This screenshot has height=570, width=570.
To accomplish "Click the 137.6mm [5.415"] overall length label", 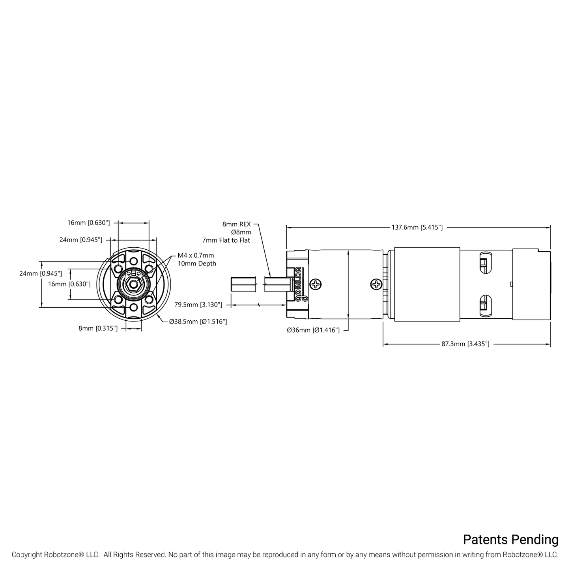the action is (417, 228).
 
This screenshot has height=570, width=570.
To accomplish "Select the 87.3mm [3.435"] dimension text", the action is (465, 344).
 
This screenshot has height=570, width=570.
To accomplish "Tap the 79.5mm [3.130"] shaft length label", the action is (198, 305).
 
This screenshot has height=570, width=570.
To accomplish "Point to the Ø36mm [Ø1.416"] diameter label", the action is (313, 330).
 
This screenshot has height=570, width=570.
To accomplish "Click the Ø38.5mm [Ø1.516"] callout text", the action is (198, 321).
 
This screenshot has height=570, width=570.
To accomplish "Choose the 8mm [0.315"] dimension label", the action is (98, 328).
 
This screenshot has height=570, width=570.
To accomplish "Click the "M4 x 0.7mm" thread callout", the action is (196, 255).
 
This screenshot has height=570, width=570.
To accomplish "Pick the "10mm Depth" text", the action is (197, 264).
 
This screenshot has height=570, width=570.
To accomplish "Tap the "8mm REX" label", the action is (236, 224).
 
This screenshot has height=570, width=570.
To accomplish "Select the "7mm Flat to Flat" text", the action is (226, 241).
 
